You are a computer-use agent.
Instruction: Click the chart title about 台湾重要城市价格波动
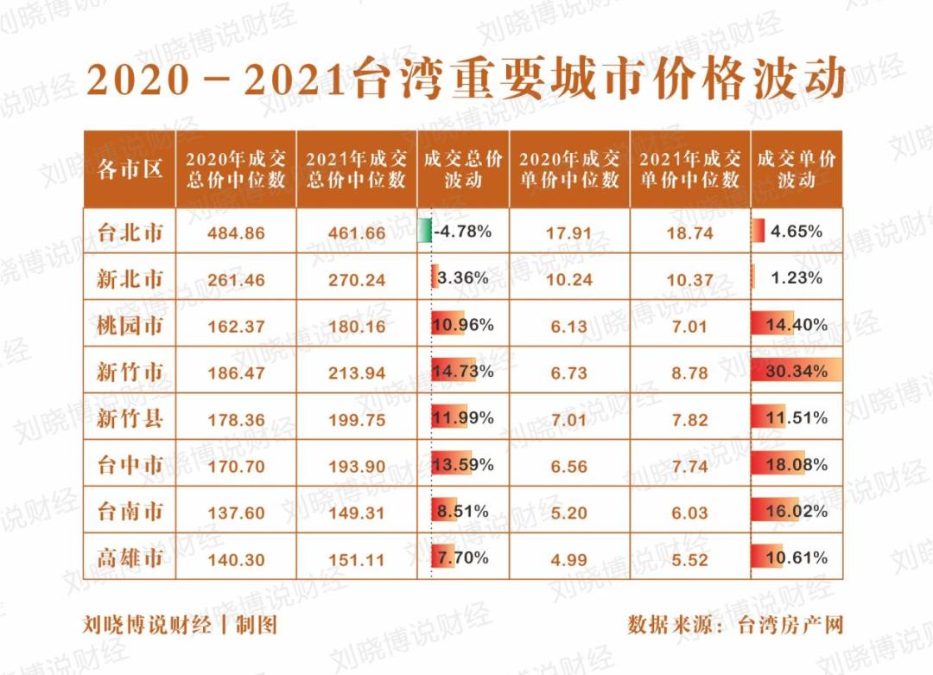point(466,80)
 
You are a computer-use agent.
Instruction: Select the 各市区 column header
point(130,169)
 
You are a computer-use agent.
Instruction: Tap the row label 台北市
point(130,232)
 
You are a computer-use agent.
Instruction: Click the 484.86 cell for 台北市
point(236,232)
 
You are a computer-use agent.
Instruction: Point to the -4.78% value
point(464,232)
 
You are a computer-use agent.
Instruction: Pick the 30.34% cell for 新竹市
point(797,372)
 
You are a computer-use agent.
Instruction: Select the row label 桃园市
point(130,325)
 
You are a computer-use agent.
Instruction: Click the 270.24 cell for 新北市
point(357,279)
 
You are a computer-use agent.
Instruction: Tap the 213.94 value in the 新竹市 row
point(357,373)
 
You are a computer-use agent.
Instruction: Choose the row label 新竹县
point(130,419)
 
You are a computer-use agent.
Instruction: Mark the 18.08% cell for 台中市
point(797,465)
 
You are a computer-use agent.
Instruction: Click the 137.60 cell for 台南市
point(236,513)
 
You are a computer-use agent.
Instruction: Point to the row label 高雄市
point(130,558)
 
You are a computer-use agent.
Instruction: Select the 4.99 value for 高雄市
point(569,559)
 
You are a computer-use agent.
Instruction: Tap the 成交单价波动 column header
point(797,169)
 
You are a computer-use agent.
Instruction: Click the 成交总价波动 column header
point(463,169)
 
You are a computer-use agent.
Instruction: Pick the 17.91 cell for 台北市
point(569,232)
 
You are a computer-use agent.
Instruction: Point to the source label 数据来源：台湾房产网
point(735,624)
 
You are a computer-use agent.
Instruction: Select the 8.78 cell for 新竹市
point(690,373)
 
